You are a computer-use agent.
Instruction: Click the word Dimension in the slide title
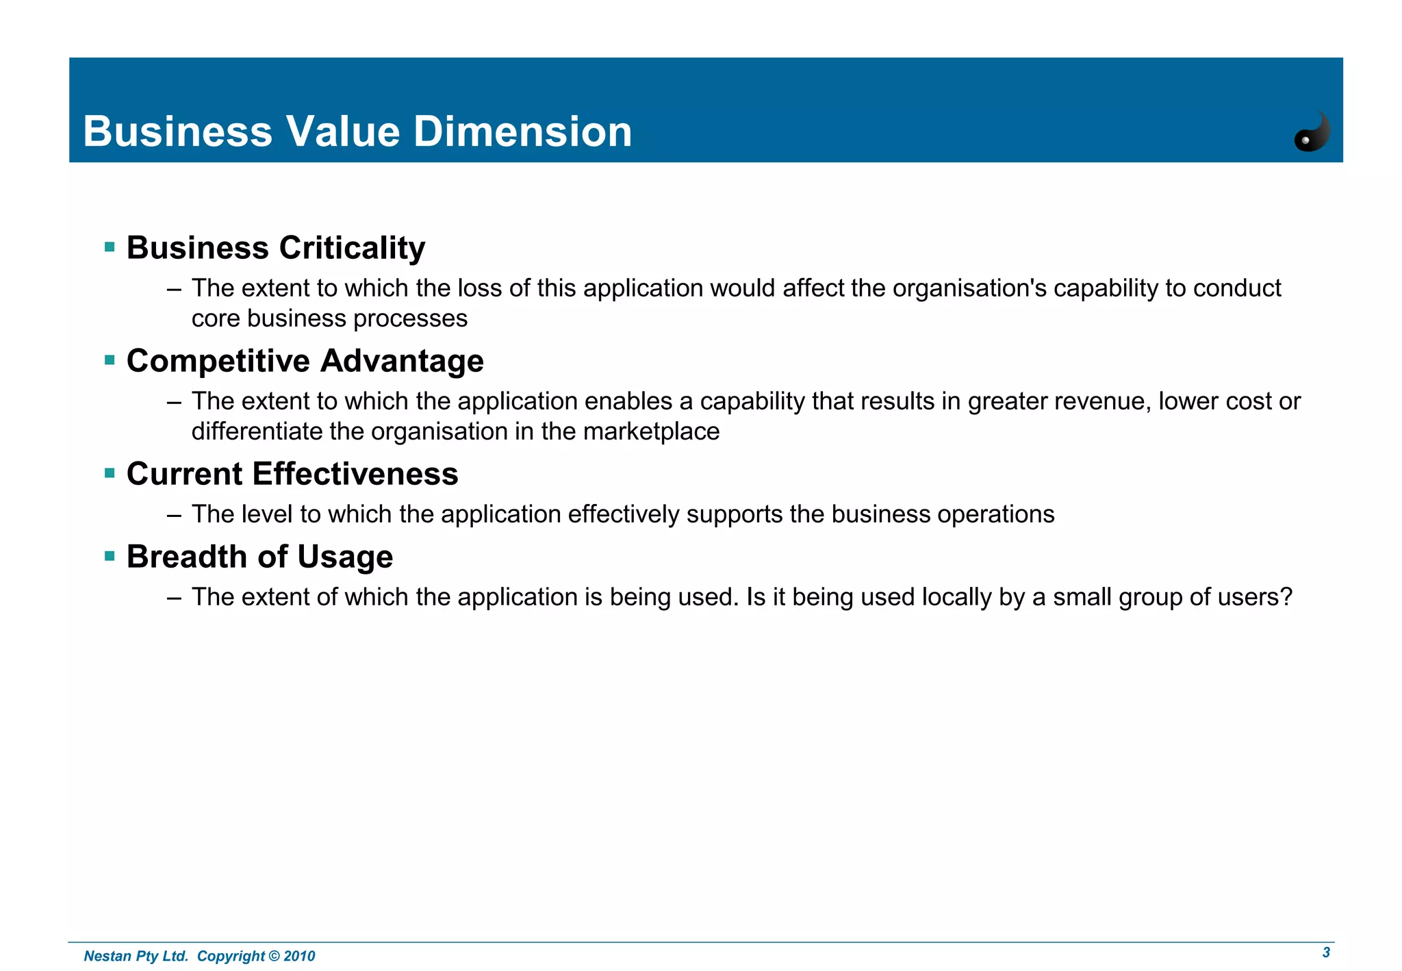click(522, 131)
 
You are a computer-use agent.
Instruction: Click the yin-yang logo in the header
click(1312, 131)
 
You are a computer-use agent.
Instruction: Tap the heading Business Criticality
click(276, 248)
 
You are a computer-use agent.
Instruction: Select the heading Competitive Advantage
click(305, 361)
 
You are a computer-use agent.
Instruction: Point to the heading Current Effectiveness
click(292, 474)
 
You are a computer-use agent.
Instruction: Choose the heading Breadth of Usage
click(259, 557)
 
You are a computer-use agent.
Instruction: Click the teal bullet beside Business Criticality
click(110, 247)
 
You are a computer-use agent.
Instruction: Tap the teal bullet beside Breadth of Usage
click(110, 555)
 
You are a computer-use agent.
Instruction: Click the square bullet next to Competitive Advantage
click(110, 360)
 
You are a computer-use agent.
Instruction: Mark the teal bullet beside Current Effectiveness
click(110, 472)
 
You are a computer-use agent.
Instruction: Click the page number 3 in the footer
click(1326, 953)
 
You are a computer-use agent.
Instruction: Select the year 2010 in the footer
click(299, 956)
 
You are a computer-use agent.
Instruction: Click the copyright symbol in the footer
click(274, 956)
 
